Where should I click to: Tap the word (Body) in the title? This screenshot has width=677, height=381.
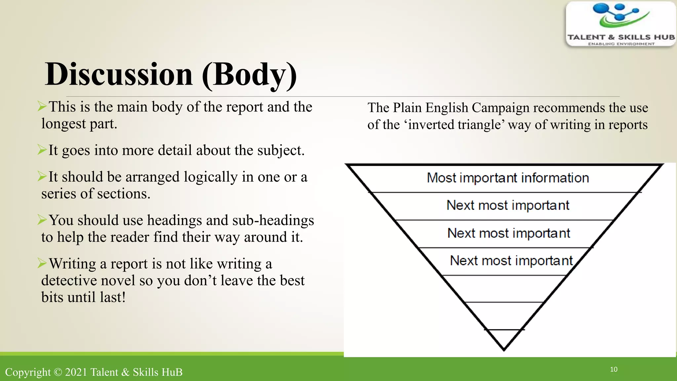click(249, 75)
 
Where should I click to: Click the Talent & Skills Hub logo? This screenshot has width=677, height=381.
click(621, 24)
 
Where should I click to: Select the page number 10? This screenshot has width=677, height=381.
click(614, 369)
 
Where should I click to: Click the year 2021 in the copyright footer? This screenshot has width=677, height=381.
click(76, 372)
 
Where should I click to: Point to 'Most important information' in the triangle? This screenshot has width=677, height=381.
click(508, 178)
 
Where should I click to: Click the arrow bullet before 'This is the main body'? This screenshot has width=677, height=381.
click(42, 106)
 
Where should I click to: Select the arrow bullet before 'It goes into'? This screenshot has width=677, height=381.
click(42, 150)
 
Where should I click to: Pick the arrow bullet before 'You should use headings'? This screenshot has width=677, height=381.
click(42, 220)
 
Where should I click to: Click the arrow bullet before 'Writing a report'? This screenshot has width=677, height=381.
click(42, 263)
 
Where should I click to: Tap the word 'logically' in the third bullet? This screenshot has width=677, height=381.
click(211, 177)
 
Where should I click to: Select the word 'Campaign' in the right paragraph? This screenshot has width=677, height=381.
click(500, 108)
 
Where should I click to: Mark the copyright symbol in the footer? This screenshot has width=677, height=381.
click(58, 372)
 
